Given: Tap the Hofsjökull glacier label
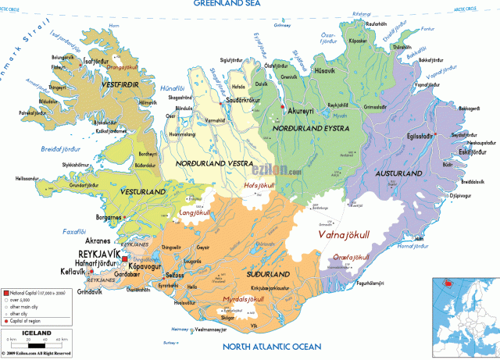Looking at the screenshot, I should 262,186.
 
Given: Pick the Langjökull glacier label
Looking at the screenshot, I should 196,211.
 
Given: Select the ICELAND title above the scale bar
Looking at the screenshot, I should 36,333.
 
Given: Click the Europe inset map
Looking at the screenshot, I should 466,321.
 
